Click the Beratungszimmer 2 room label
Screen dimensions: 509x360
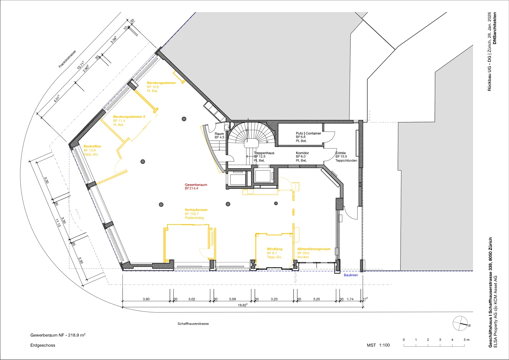click(129, 117)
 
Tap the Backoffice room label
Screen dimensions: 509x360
click(92, 146)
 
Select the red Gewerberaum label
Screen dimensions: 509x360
click(196, 185)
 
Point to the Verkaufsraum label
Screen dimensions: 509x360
click(196, 210)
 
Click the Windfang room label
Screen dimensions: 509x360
click(275, 249)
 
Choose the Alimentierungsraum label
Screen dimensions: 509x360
click(314, 249)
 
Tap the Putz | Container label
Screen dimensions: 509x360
click(308, 133)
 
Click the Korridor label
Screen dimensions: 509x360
click(302, 153)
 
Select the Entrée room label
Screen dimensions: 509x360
click(340, 153)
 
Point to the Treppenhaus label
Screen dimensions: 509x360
click(264, 153)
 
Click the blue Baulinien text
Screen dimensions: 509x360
click(351, 275)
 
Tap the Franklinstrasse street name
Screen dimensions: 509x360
click(67, 59)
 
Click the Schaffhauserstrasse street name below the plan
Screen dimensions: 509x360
click(193, 324)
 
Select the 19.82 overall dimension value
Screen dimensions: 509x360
click(242, 305)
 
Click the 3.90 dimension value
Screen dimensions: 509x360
click(146, 299)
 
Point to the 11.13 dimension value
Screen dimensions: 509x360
click(58, 223)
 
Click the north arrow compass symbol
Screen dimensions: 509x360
click(460, 323)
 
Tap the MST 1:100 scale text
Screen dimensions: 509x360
click(378, 345)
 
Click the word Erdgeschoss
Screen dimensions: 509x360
click(43, 345)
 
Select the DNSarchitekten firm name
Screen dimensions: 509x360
click(495, 28)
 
